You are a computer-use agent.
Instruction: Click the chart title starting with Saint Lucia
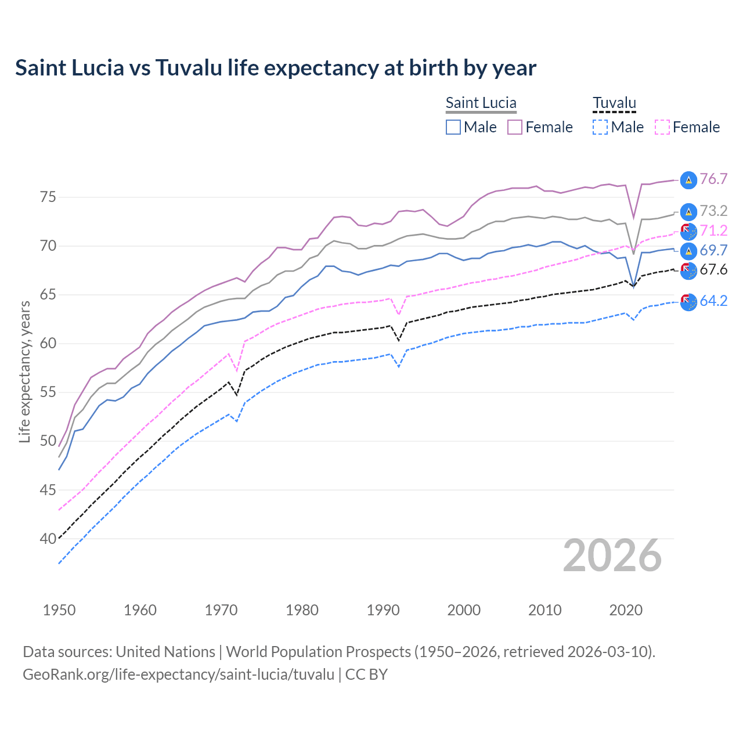tap(276, 68)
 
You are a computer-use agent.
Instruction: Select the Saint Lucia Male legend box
tap(453, 127)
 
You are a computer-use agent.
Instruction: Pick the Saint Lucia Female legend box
tap(515, 127)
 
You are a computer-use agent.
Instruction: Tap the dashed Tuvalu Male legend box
tap(600, 127)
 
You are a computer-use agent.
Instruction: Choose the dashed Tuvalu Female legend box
tap(662, 127)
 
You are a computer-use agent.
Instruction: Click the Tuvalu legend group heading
tap(614, 103)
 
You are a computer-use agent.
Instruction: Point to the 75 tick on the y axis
tap(48, 197)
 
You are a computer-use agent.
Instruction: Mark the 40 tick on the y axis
tap(48, 539)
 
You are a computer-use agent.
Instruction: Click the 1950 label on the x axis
tap(59, 610)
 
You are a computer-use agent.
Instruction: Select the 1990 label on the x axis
tap(383, 610)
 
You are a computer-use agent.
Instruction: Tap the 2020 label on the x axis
tap(626, 610)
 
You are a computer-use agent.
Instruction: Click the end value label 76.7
tap(713, 179)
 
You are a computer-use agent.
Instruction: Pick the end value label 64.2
tap(713, 301)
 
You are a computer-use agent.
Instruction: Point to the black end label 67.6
tap(713, 270)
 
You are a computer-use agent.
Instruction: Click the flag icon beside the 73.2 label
tap(688, 211)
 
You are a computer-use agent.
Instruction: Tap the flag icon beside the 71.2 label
tap(688, 231)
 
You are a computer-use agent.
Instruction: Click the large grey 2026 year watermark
tap(612, 556)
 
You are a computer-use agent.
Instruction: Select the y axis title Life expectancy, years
tap(25, 371)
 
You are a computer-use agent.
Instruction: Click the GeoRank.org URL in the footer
tap(178, 675)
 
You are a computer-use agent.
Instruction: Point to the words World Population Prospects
tap(318, 652)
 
